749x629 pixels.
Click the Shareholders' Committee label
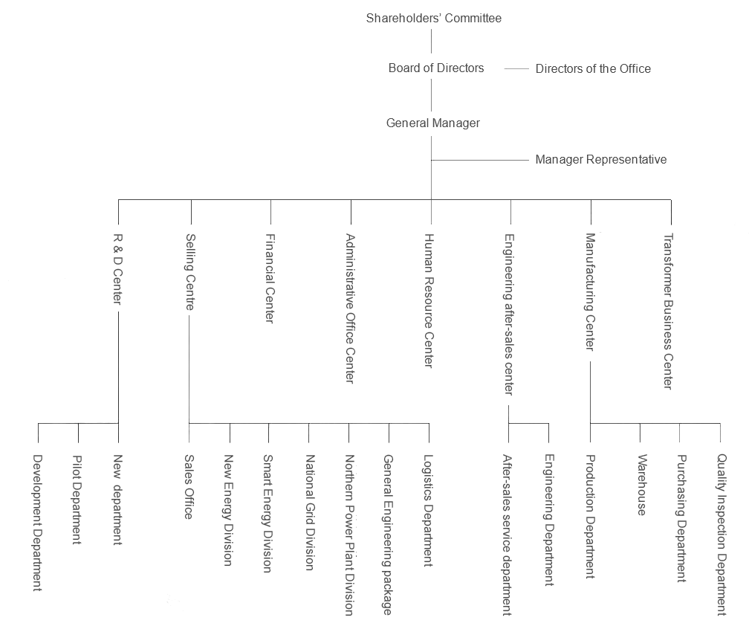[x=434, y=18]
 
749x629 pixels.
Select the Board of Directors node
[x=436, y=68]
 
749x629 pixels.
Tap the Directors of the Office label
[x=593, y=69]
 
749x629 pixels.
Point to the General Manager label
[x=432, y=123]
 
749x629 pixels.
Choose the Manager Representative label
[x=601, y=159]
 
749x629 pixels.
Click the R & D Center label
[x=117, y=269]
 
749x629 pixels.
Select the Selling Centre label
[x=190, y=271]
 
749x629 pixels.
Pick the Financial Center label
[x=270, y=278]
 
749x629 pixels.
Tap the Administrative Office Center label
[x=350, y=309]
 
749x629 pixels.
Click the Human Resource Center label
[x=429, y=300]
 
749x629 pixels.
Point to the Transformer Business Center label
[x=669, y=311]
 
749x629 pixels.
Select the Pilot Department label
[x=77, y=500]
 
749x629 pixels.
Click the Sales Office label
[x=189, y=487]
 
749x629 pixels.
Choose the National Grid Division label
[x=310, y=513]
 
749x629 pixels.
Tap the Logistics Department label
[x=429, y=511]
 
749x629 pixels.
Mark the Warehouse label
[x=642, y=485]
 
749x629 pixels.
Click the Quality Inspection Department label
[x=722, y=535]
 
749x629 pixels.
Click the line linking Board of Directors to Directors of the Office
[x=516, y=69]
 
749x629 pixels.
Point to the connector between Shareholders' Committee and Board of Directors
[x=431, y=41]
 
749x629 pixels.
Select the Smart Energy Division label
[x=268, y=514]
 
